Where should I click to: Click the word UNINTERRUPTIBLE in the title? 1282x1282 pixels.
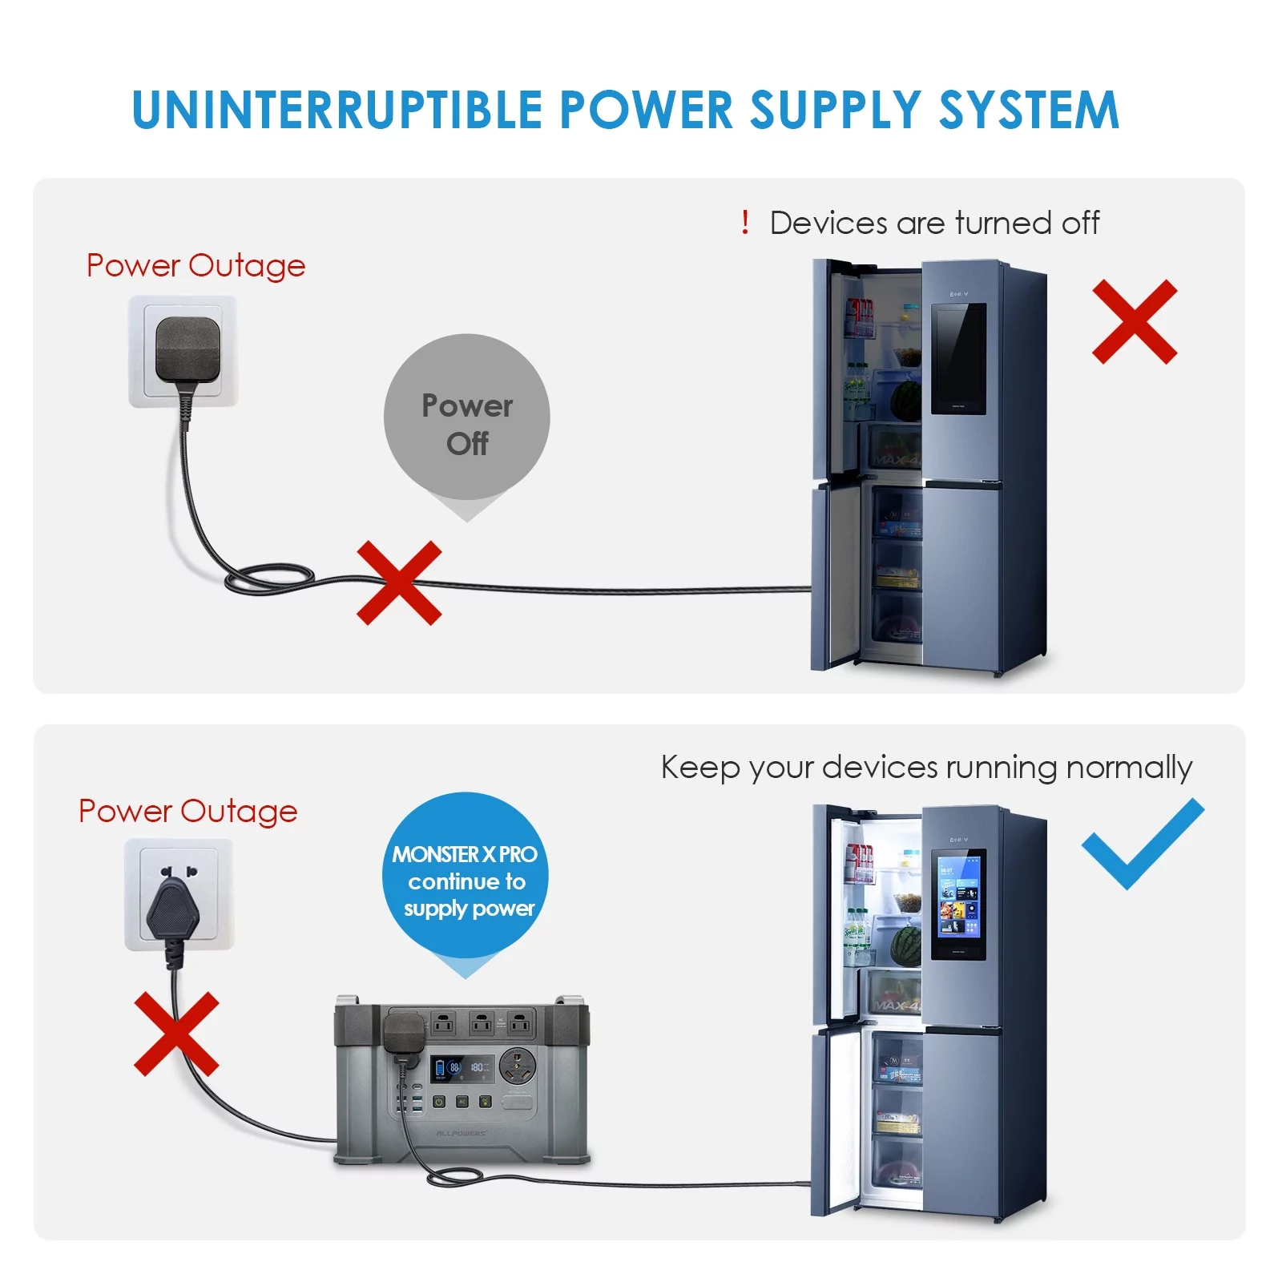click(337, 110)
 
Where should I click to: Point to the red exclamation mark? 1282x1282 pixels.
click(745, 222)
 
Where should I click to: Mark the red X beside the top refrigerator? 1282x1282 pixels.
click(1135, 322)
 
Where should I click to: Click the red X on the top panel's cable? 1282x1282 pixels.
click(399, 583)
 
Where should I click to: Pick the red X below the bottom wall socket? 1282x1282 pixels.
click(176, 1034)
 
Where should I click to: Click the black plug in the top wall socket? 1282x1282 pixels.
click(187, 350)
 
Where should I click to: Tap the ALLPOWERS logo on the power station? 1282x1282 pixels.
click(461, 1134)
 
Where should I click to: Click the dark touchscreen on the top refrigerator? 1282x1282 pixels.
click(958, 358)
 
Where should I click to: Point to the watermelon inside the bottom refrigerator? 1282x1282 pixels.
click(906, 946)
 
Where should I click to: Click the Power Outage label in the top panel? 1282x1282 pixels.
click(196, 265)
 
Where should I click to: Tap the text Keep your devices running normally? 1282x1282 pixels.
click(926, 768)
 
